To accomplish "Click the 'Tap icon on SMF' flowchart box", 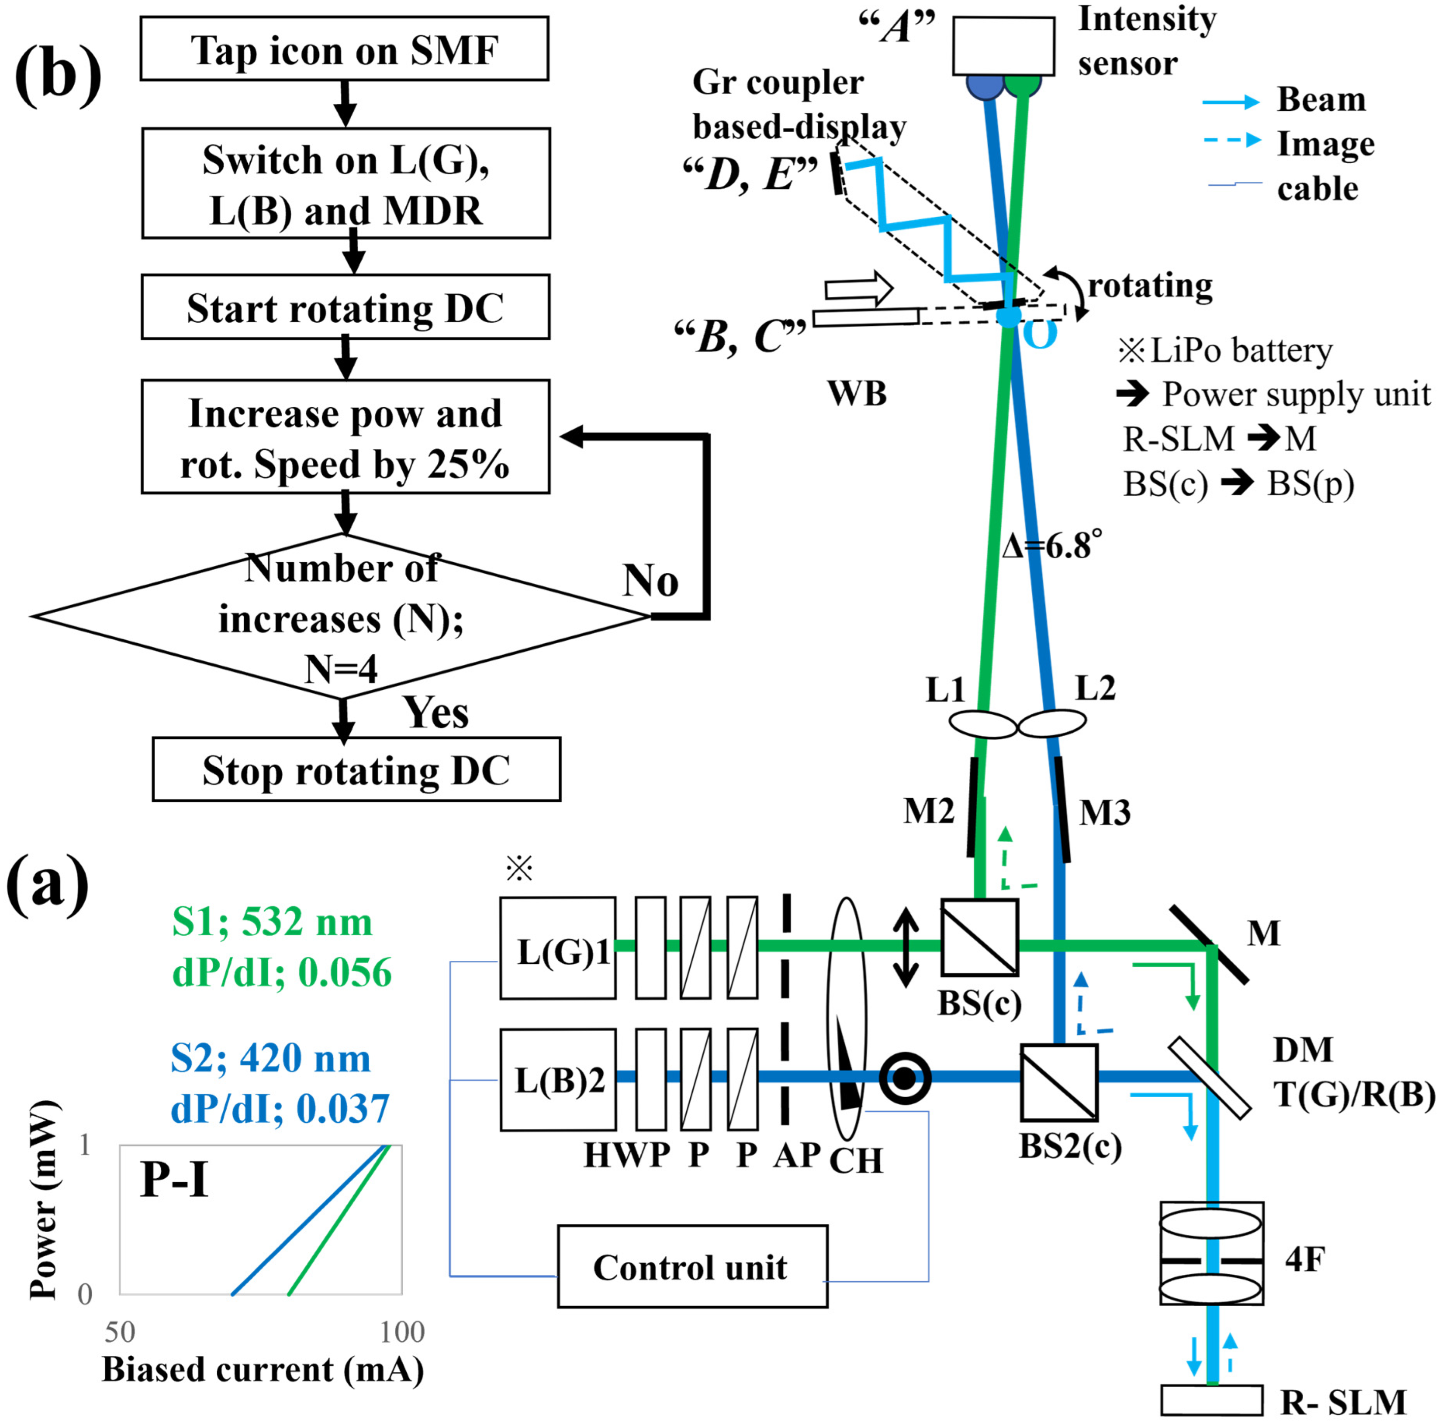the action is tap(344, 49).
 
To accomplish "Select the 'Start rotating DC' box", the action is tap(346, 307).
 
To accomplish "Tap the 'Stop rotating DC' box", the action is tap(356, 769).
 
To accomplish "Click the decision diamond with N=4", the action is tap(341, 616).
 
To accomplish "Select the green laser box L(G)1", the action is tap(557, 948).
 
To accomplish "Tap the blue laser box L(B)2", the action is tap(557, 1080).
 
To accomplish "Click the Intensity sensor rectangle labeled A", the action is tap(1003, 46).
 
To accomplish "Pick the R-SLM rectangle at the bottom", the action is tap(1212, 1400).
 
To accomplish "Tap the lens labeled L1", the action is tap(982, 723).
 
